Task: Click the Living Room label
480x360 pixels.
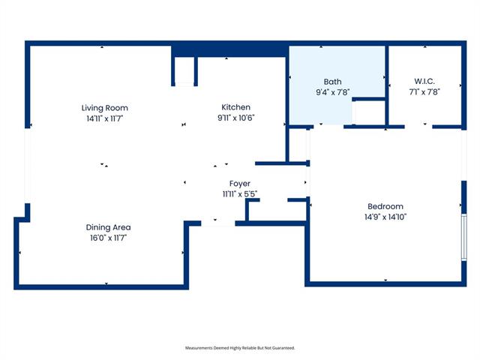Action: coord(105,108)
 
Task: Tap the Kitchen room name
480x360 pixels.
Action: coord(235,107)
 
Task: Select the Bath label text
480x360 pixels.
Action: coord(332,82)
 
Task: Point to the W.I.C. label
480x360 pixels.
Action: coord(424,81)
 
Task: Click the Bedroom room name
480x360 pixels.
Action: coord(385,206)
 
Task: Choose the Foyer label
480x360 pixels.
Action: coord(240,184)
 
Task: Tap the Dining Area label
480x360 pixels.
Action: coord(108,227)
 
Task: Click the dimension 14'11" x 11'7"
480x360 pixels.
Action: coord(105,118)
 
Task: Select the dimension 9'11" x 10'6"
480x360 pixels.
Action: coord(236,118)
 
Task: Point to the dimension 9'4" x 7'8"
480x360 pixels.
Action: coord(333,92)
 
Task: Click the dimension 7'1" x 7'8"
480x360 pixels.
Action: coord(424,91)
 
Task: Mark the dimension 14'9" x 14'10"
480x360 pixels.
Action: coord(385,217)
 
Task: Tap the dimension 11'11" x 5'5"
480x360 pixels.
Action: coord(240,194)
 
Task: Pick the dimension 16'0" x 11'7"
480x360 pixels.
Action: coord(108,238)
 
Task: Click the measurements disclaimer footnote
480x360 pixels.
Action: coord(240,348)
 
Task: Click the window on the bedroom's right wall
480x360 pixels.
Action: coord(464,237)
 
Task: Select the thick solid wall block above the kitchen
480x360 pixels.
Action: coord(229,51)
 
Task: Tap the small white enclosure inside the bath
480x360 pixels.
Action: coord(369,112)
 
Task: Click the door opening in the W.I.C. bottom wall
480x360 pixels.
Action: coord(418,127)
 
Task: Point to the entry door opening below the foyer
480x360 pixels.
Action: coord(218,223)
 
